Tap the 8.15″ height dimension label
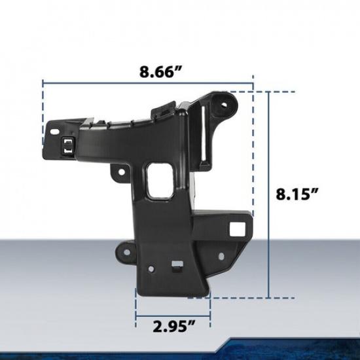[296, 194]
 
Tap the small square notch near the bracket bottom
[175, 266]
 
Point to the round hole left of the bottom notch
[151, 268]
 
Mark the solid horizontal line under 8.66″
[148, 83]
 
